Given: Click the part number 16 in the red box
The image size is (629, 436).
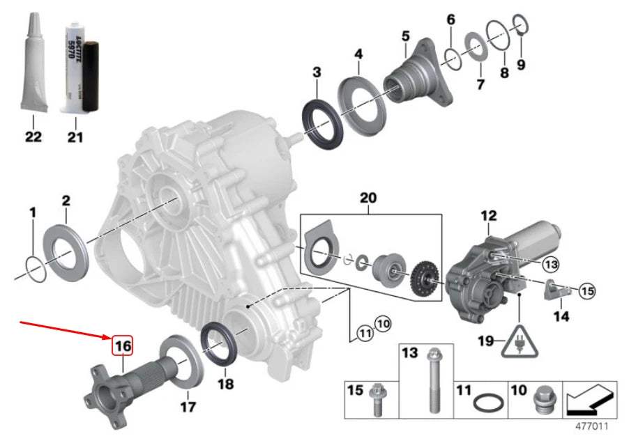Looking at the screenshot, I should (123, 345).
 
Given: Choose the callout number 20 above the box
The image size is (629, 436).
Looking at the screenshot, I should (367, 198).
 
